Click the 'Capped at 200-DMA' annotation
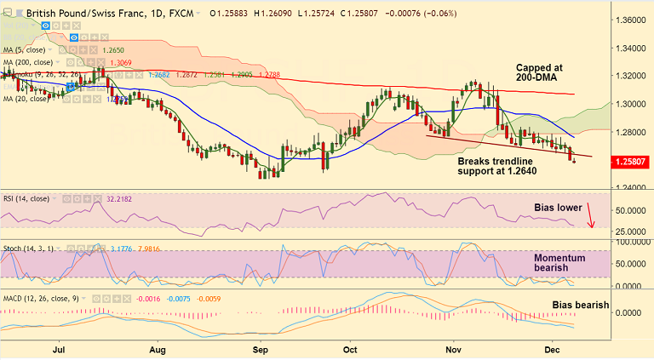point(547,72)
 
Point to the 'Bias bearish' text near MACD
point(581,304)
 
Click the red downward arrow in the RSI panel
point(589,214)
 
